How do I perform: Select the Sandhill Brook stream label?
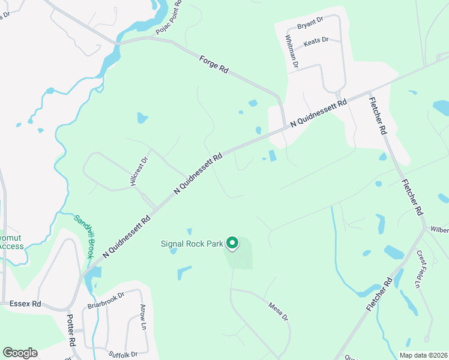click(x=84, y=236)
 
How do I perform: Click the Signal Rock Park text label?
click(x=191, y=244)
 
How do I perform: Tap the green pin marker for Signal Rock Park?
click(x=232, y=243)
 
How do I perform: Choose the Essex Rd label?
click(x=25, y=304)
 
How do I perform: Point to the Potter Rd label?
click(x=71, y=329)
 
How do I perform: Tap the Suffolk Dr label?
click(x=123, y=354)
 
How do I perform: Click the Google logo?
click(x=20, y=353)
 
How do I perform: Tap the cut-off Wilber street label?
click(x=439, y=229)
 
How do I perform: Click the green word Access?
click(x=11, y=246)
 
